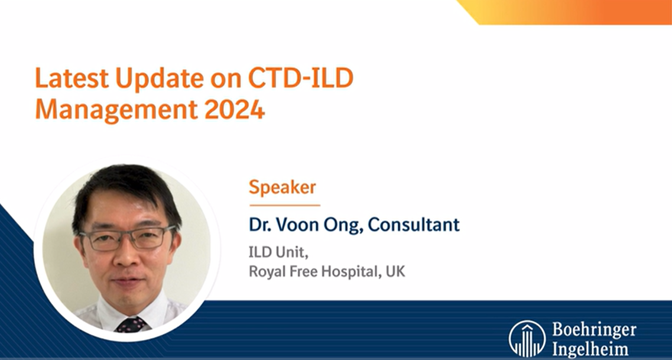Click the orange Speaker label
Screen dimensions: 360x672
coord(282,187)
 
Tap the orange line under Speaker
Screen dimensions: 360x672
coord(284,205)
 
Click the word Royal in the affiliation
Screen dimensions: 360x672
coord(265,273)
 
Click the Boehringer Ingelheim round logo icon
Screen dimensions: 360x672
coord(527,338)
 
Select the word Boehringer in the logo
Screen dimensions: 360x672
coord(593,329)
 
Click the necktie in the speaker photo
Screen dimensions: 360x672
coord(131,325)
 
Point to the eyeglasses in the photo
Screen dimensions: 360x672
coord(127,238)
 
